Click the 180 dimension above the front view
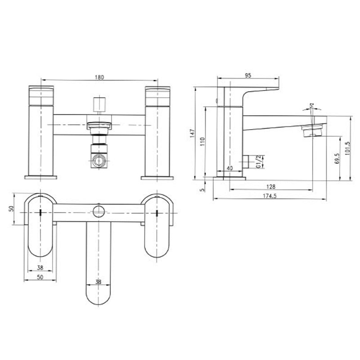(x=99, y=77)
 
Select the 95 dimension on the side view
(x=248, y=76)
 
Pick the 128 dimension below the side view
(x=270, y=186)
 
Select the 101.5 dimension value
(x=347, y=148)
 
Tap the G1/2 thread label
(x=258, y=161)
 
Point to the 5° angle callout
(x=312, y=106)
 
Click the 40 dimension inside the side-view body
(x=230, y=168)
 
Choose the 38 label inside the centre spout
(x=99, y=282)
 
